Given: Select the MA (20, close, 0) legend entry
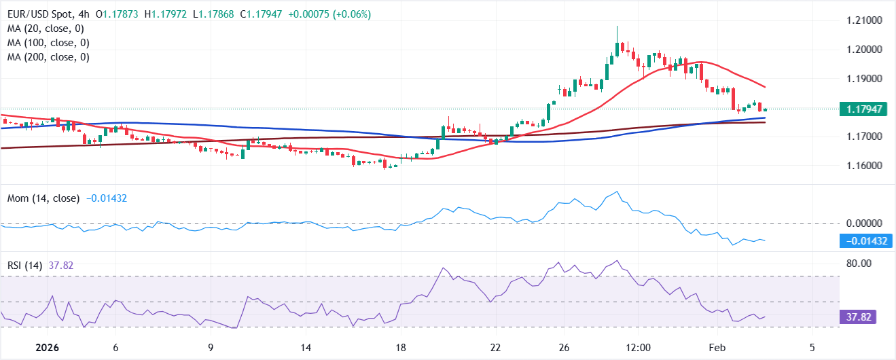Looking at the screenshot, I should click(x=46, y=29).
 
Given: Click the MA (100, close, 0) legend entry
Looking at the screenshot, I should click(x=48, y=43).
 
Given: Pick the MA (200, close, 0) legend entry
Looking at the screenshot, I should click(x=48, y=57).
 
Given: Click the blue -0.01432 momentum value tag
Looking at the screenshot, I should click(x=865, y=240).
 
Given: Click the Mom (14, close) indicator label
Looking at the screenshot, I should click(x=43, y=198).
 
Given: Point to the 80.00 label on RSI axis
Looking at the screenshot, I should click(x=857, y=264).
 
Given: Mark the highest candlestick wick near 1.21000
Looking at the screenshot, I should click(x=617, y=28).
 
